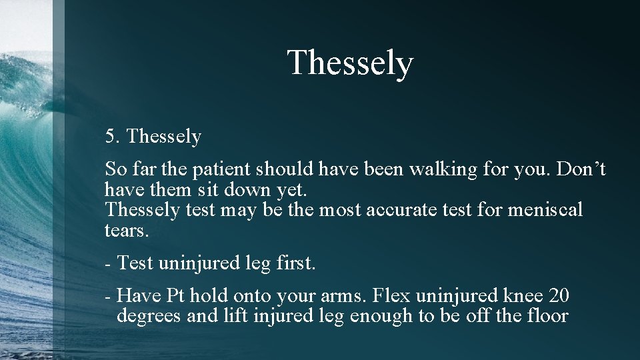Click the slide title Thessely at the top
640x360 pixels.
pyautogui.click(x=350, y=64)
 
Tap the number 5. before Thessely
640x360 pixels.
pyautogui.click(x=112, y=137)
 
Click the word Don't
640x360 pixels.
pyautogui.click(x=581, y=170)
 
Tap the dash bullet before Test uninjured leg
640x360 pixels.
pyautogui.click(x=107, y=264)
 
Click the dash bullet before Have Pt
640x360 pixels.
pyautogui.click(x=107, y=295)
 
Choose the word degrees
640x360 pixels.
pyautogui.click(x=149, y=315)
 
